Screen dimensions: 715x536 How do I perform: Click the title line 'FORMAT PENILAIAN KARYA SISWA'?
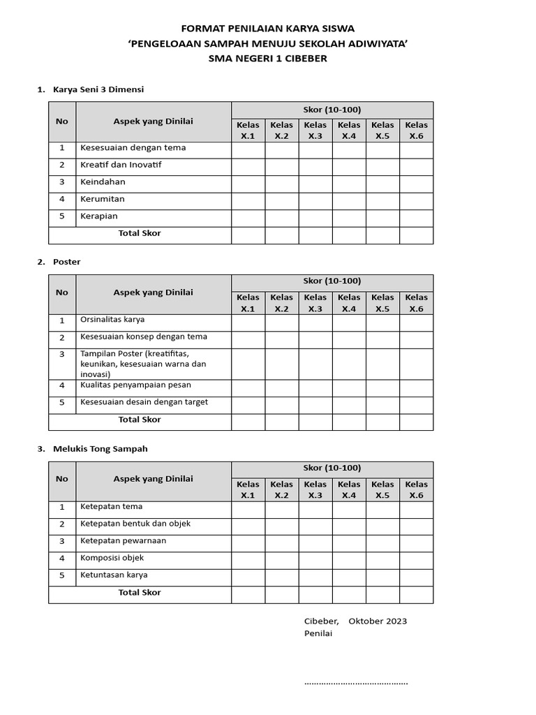268,29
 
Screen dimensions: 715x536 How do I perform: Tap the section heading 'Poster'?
66,262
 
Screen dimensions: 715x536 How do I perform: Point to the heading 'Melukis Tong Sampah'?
100,449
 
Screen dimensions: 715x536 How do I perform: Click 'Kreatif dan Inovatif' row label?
121,165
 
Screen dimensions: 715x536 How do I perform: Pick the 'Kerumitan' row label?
103,199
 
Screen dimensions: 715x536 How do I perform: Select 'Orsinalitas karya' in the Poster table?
112,320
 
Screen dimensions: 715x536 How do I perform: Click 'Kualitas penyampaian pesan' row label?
135,385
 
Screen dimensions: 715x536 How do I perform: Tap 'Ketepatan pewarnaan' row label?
123,540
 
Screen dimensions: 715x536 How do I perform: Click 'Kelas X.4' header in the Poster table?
349,303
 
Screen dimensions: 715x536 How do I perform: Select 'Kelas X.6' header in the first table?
416,130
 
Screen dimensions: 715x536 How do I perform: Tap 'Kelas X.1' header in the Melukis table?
248,489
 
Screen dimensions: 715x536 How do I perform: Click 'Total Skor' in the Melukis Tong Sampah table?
140,592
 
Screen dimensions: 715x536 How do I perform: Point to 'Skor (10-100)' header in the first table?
332,110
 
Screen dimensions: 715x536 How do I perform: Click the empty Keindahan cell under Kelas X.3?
315,184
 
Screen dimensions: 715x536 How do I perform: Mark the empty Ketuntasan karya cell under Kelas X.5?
382,577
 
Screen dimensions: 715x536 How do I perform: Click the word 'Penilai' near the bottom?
318,633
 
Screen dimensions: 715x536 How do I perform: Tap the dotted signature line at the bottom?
356,682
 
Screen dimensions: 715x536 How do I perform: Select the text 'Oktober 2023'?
378,621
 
